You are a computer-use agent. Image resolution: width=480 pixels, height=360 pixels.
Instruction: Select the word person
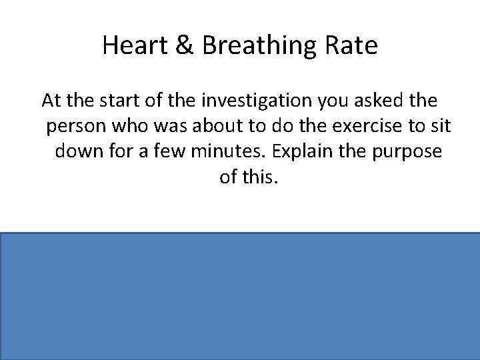[x=75, y=126]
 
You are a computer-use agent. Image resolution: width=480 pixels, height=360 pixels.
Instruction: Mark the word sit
[x=426, y=126]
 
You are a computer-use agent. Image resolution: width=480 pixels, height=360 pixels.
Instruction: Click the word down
[x=78, y=151]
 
